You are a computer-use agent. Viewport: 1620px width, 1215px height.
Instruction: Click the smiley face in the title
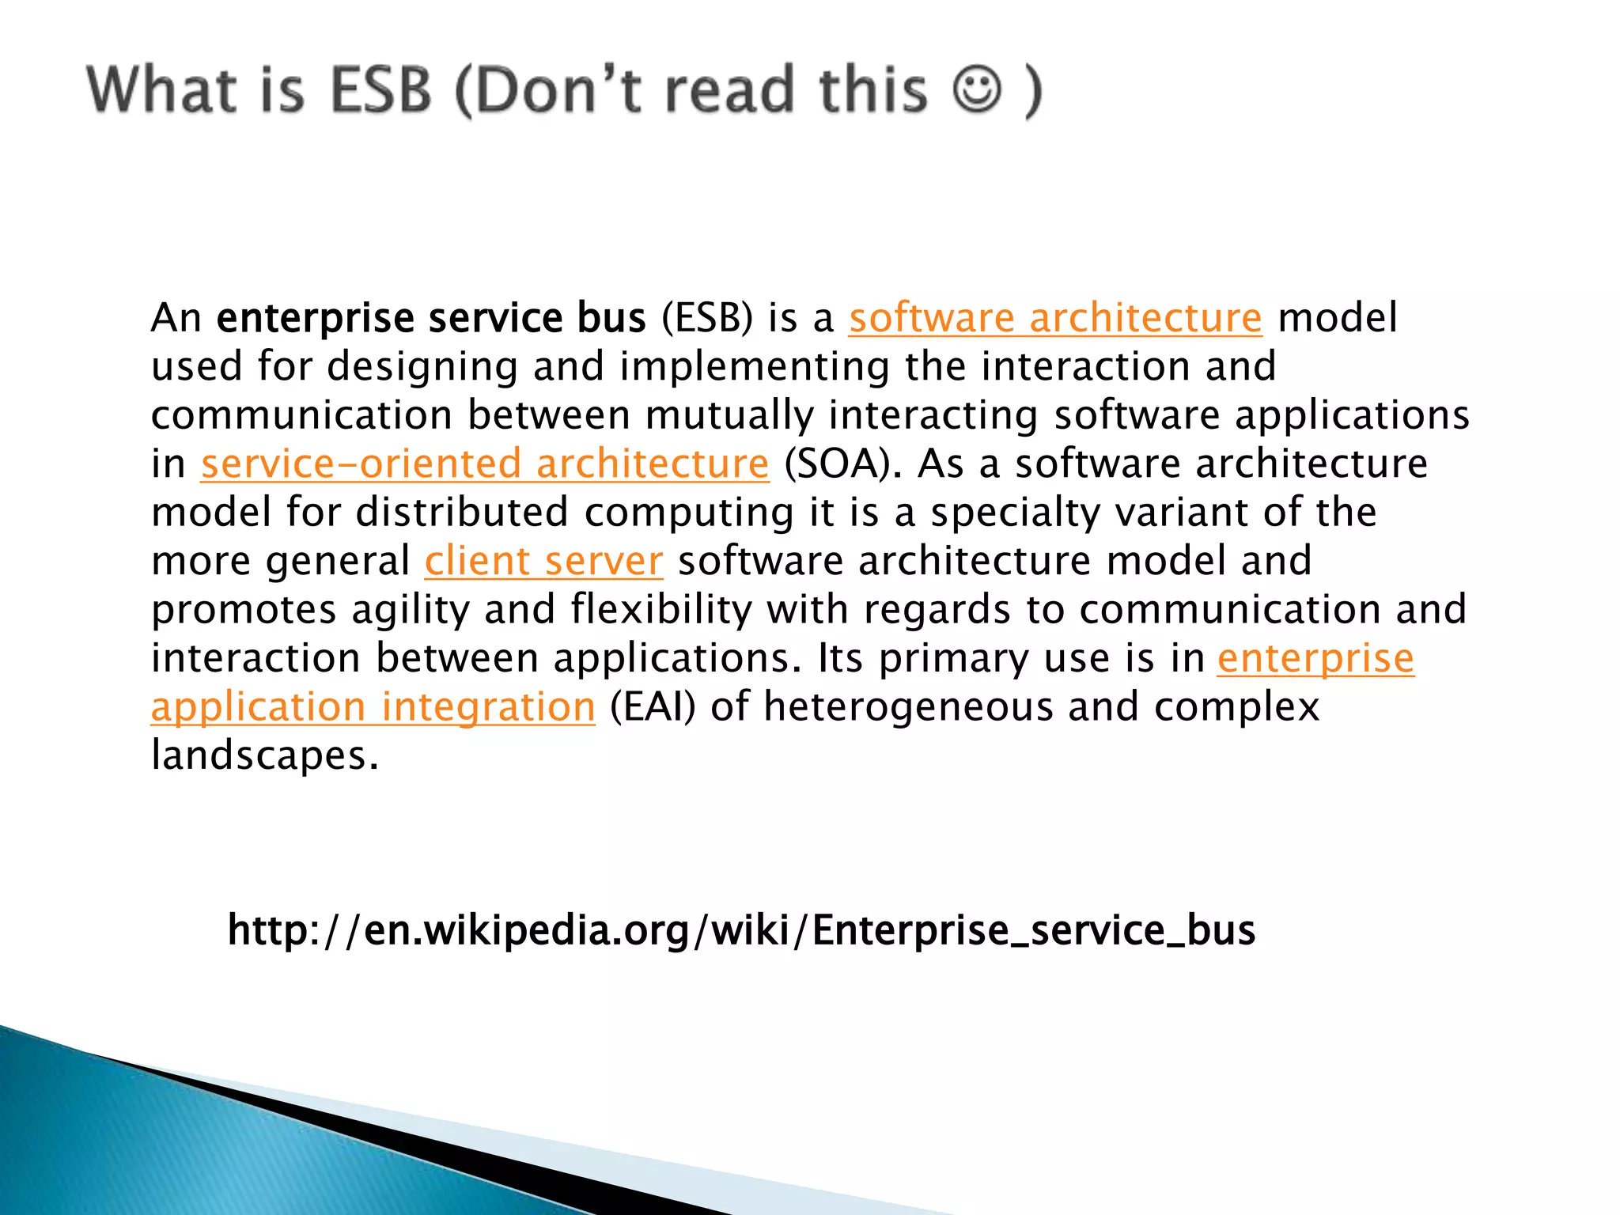tap(978, 89)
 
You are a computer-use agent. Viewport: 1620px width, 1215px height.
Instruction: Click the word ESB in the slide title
tap(380, 89)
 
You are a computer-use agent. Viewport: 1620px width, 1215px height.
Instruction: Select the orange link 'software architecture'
tap(1055, 318)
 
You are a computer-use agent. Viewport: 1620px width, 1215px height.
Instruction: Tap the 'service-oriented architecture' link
tap(484, 464)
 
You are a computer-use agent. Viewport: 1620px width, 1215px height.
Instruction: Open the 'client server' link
tap(543, 561)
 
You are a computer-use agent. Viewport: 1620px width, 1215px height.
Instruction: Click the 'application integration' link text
tap(373, 706)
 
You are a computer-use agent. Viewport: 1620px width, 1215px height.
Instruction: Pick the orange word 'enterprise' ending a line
tap(1315, 658)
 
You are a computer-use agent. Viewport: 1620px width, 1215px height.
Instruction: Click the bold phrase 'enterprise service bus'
tap(431, 318)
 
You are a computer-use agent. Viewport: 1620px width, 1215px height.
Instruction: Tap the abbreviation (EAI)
tap(653, 706)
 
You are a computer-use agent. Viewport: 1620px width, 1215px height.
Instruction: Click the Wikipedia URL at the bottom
tap(741, 930)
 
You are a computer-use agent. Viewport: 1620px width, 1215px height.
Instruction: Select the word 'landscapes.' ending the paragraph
tap(265, 755)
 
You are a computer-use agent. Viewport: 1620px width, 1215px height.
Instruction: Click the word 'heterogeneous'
tap(908, 706)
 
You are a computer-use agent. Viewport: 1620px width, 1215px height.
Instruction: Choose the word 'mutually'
tap(729, 415)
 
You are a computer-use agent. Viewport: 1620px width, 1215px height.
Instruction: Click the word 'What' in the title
tap(162, 89)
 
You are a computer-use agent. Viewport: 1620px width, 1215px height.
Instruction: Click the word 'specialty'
tap(1015, 512)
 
